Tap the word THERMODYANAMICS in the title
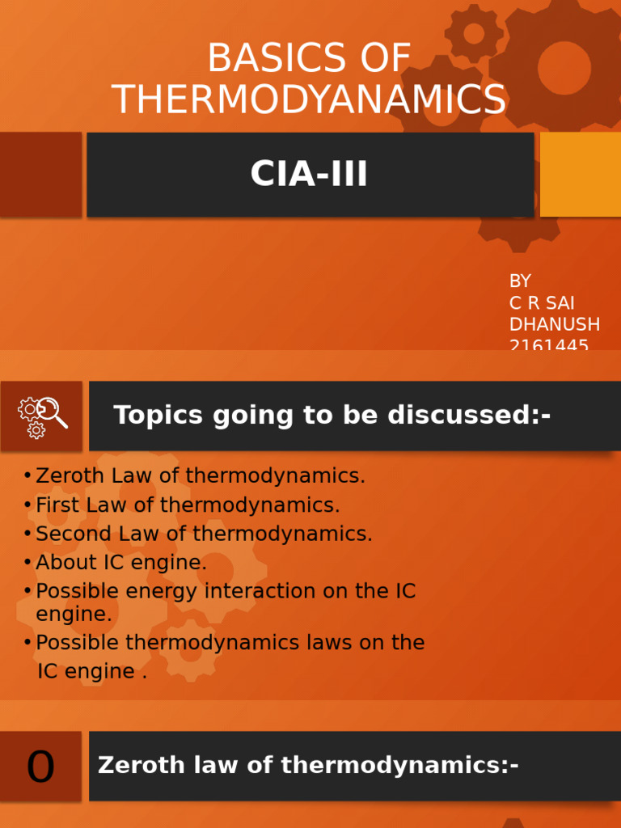[310, 99]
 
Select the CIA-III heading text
[309, 174]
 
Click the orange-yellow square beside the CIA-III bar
[580, 174]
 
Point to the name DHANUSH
[554, 324]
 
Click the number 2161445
[549, 345]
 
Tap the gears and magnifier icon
[42, 416]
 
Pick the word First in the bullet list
[59, 505]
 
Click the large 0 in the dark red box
[40, 767]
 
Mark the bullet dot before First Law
[28, 505]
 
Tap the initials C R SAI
[541, 303]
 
